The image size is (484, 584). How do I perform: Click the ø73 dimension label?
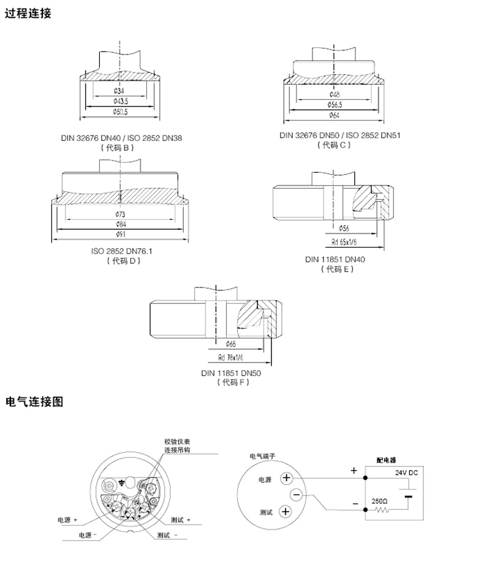coord(121,214)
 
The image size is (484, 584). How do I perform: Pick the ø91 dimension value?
coord(121,234)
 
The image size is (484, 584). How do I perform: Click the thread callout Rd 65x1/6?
coord(344,241)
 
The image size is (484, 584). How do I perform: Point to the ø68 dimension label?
coord(231,344)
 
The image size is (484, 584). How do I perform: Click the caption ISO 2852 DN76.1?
coord(121,251)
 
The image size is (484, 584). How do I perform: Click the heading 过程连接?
coord(28,14)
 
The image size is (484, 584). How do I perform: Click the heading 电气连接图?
coord(34,402)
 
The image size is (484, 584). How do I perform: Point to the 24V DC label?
coord(405,472)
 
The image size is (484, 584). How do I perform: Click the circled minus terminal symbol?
coord(297,495)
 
